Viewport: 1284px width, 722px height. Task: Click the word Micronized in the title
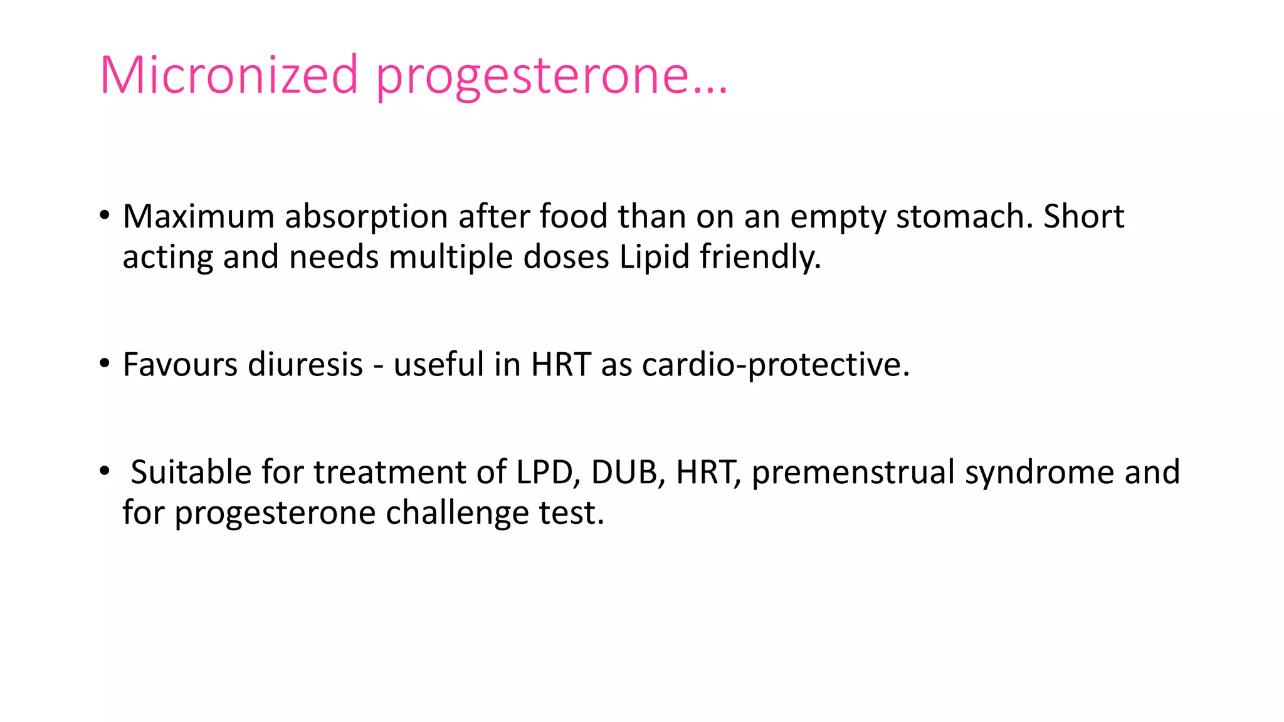click(x=229, y=75)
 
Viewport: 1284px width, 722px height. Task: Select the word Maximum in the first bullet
click(x=199, y=216)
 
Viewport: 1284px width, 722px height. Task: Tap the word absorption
click(x=366, y=216)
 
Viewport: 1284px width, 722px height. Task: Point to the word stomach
click(x=964, y=216)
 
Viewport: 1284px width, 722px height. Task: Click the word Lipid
click(x=655, y=257)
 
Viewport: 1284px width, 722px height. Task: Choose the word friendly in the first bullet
click(x=759, y=257)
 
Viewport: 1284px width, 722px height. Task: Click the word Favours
click(x=181, y=364)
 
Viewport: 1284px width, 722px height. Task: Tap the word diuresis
click(x=305, y=364)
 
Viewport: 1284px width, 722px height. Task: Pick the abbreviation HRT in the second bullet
click(x=560, y=364)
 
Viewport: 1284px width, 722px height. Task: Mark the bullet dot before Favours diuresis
click(x=105, y=364)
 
